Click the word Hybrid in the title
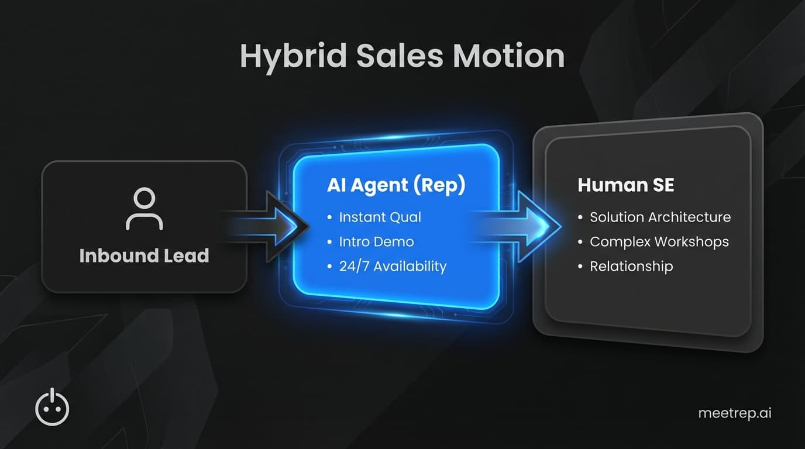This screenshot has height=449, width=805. tap(284, 57)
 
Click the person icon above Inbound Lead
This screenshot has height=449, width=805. tap(144, 209)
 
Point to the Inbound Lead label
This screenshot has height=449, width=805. tap(144, 255)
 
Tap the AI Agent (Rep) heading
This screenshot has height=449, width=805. tap(396, 185)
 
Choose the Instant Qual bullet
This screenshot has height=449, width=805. tap(380, 217)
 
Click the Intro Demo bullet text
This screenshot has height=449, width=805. tap(376, 241)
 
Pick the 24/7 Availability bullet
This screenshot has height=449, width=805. tap(393, 267)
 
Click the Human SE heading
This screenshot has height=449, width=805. tap(625, 185)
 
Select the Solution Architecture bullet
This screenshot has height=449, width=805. tap(660, 217)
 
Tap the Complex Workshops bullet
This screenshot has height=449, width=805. tap(659, 241)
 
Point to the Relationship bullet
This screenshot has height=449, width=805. tap(631, 267)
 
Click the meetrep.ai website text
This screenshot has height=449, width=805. tap(735, 413)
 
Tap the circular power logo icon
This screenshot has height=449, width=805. tap(52, 407)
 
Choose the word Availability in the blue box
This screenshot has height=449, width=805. tap(410, 267)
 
